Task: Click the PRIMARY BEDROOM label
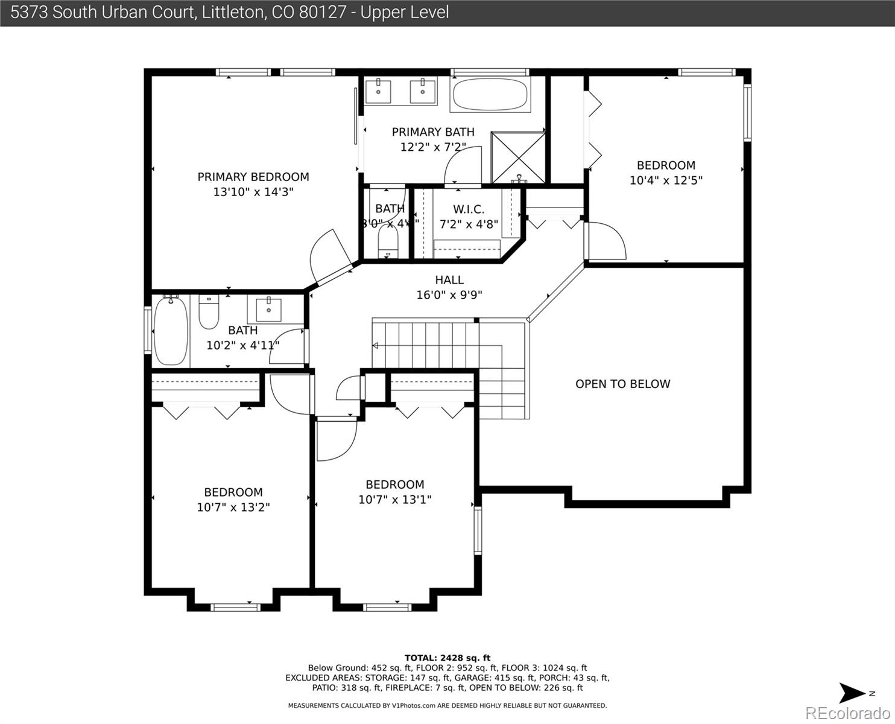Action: click(x=253, y=177)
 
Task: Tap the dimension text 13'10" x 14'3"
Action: click(x=253, y=192)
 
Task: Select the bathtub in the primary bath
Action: click(x=489, y=95)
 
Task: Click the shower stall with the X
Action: click(x=518, y=157)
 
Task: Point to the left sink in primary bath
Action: click(x=378, y=92)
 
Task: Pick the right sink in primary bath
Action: click(x=423, y=92)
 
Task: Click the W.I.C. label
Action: click(x=469, y=209)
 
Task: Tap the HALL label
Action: click(x=449, y=280)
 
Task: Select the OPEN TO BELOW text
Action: click(x=622, y=384)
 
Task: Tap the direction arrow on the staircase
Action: click(x=375, y=346)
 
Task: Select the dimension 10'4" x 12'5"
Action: click(x=666, y=180)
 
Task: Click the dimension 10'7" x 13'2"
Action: click(x=233, y=507)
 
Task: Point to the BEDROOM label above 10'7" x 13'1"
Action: click(x=394, y=484)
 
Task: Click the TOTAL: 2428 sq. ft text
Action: click(x=447, y=658)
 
